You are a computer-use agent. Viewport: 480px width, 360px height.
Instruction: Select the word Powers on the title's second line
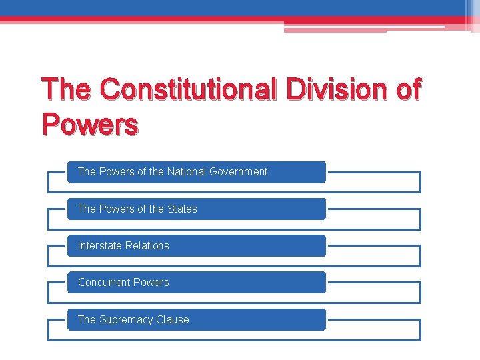pos(90,124)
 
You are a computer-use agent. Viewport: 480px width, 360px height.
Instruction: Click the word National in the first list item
pos(185,172)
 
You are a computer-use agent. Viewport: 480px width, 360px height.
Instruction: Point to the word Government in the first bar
pos(238,172)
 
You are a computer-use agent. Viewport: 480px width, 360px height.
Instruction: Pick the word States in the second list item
pos(182,209)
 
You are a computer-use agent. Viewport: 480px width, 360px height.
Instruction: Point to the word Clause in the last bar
pos(173,320)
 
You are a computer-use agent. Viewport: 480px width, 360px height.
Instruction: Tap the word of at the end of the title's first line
pos(407,89)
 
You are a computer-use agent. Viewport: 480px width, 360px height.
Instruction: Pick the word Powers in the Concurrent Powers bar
pos(153,283)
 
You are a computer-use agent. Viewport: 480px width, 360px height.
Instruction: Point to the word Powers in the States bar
pos(116,209)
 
